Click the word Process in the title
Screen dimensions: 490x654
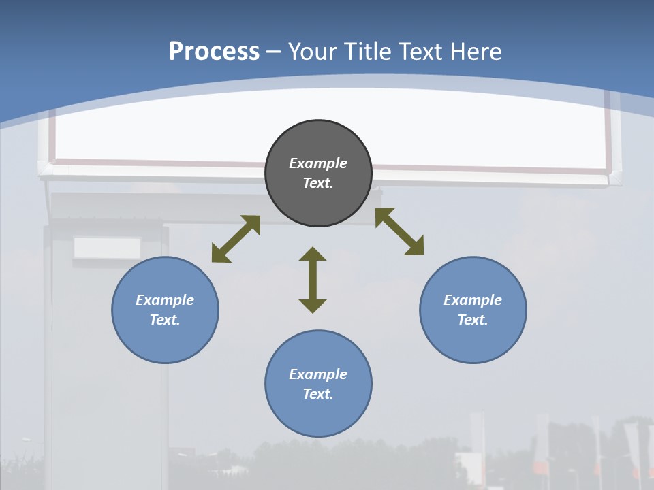click(214, 51)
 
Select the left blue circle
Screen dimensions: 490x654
click(165, 340)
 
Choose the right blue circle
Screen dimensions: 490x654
click(473, 340)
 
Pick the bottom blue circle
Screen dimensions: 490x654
click(318, 415)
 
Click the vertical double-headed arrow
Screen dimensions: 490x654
click(313, 280)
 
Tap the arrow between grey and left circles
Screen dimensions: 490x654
click(236, 239)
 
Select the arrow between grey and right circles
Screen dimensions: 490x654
click(400, 231)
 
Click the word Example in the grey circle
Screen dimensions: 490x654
click(318, 163)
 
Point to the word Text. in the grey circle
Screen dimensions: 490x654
click(318, 183)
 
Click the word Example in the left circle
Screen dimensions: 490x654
click(165, 300)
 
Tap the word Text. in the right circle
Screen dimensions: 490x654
click(473, 320)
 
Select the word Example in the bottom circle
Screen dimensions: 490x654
click(318, 374)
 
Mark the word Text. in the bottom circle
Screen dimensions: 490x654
click(318, 394)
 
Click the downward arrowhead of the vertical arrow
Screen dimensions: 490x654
click(313, 306)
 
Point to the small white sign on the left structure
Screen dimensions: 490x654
click(107, 248)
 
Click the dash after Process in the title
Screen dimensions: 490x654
click(274, 52)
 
